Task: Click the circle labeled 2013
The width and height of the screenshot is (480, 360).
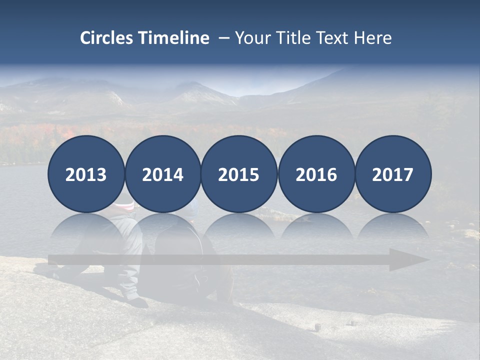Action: tap(86, 174)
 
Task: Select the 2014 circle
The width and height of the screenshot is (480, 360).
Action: tap(163, 174)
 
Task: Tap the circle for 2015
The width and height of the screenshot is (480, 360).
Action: tap(239, 174)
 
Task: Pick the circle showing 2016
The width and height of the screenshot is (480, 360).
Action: tap(316, 174)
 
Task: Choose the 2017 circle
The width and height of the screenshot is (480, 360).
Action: tap(393, 174)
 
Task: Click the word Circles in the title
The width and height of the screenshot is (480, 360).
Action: tap(107, 38)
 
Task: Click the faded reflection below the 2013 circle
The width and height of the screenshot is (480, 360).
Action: tap(86, 227)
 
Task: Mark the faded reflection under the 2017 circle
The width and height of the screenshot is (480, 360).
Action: tap(393, 227)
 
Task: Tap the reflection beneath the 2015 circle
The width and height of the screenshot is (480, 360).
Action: tap(239, 227)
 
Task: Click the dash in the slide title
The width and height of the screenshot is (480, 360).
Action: tap(223, 38)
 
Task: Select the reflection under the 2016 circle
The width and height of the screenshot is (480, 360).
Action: tap(316, 227)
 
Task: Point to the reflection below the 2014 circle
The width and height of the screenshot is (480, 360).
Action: tap(163, 227)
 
